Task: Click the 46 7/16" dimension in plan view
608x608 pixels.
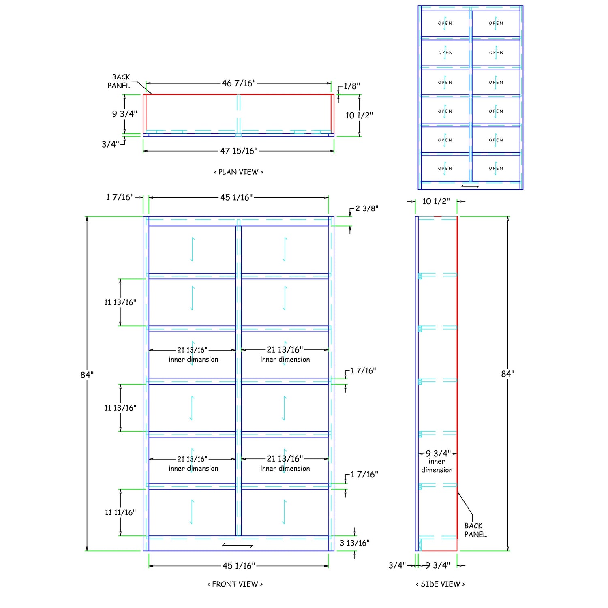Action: tap(239, 83)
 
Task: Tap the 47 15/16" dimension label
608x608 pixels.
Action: tap(239, 151)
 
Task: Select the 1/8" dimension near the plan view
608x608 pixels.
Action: tap(351, 86)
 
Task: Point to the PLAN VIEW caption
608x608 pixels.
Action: tap(238, 172)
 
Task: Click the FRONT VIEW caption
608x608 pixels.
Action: tap(235, 584)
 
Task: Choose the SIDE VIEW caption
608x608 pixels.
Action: tap(440, 584)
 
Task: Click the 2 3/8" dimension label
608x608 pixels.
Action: tap(367, 208)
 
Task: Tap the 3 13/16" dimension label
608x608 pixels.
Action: tap(355, 543)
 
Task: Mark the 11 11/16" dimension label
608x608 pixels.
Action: tap(120, 512)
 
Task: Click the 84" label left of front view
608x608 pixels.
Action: tap(87, 375)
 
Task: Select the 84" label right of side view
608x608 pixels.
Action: tap(507, 374)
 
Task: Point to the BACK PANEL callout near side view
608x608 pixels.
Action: tap(475, 530)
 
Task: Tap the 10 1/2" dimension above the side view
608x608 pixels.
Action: tap(436, 201)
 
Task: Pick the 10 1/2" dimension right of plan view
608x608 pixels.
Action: tap(359, 115)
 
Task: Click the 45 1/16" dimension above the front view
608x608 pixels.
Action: tap(236, 197)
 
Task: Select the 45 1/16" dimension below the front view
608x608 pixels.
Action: tap(239, 566)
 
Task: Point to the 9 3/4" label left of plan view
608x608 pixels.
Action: tap(124, 114)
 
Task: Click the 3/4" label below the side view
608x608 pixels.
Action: tap(397, 565)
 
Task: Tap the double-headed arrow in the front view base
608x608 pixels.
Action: tap(238, 546)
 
